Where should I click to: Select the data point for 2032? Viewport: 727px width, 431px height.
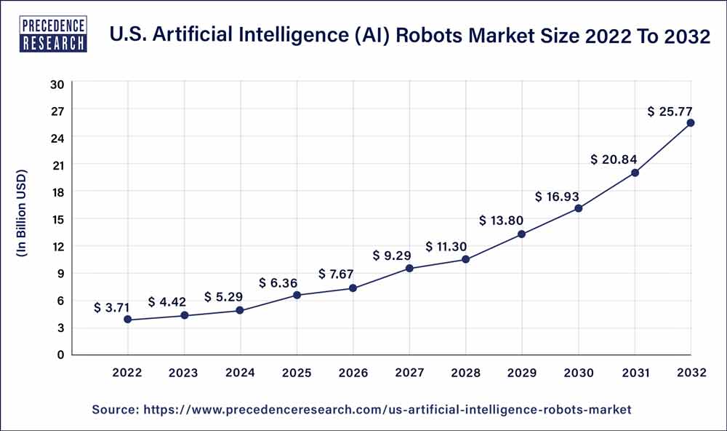pyautogui.click(x=691, y=123)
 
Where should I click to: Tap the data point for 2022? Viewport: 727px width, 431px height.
pyautogui.click(x=128, y=320)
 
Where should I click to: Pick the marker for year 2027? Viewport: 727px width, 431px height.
pyautogui.click(x=409, y=269)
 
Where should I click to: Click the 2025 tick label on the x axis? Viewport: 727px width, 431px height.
pyautogui.click(x=297, y=373)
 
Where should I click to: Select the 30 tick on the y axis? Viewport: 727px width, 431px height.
pyautogui.click(x=57, y=84)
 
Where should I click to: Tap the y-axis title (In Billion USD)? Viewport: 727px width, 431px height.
pyautogui.click(x=22, y=213)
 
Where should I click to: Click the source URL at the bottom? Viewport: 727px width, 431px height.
pyautogui.click(x=361, y=410)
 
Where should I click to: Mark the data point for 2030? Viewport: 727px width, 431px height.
pyautogui.click(x=579, y=208)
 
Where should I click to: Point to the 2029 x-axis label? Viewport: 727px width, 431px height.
pyautogui.click(x=522, y=373)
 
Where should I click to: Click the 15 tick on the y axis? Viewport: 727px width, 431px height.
pyautogui.click(x=57, y=219)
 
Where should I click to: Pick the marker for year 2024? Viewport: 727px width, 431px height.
pyautogui.click(x=241, y=311)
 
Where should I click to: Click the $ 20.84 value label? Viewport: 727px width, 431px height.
pyautogui.click(x=614, y=159)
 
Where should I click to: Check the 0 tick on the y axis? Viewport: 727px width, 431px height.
pyautogui.click(x=60, y=355)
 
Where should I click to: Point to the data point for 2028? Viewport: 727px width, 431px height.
pyautogui.click(x=466, y=260)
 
